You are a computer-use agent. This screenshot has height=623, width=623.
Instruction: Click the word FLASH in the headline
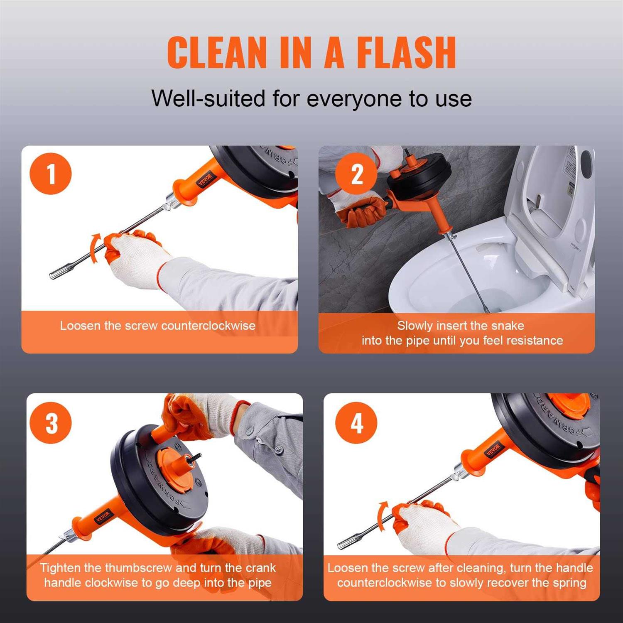[x=406, y=53]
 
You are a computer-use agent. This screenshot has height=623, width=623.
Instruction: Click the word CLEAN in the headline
[x=216, y=53]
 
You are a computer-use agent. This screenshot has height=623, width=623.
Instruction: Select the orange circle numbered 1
[x=51, y=174]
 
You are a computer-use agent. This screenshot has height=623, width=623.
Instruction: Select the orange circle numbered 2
[x=356, y=174]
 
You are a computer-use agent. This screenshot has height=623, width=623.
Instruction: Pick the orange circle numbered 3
[x=51, y=423]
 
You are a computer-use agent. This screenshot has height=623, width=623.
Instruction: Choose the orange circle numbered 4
[x=356, y=423]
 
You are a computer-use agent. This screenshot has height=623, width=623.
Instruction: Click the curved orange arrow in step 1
[x=95, y=248]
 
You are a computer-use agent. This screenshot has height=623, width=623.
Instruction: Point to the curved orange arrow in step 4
[x=382, y=515]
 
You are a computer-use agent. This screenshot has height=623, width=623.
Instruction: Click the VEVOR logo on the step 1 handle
[x=205, y=179]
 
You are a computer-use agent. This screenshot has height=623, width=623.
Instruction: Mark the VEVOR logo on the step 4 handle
[x=493, y=450]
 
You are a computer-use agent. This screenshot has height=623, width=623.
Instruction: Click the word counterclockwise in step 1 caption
[x=208, y=326]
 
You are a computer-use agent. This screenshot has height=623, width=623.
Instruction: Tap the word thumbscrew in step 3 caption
[x=138, y=568]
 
